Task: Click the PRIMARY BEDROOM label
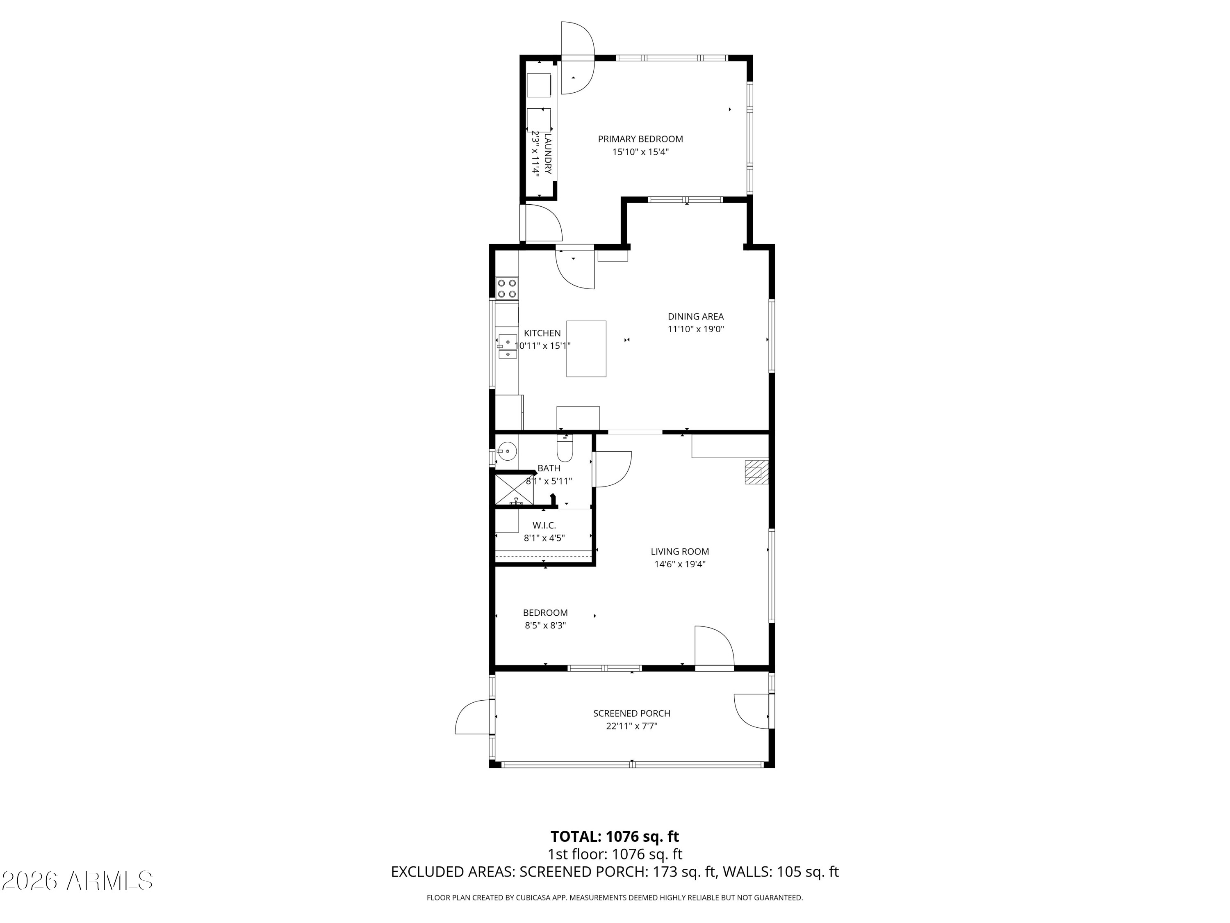pos(640,139)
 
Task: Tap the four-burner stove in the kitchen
pos(507,288)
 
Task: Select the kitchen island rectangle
pos(586,349)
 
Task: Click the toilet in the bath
pos(565,448)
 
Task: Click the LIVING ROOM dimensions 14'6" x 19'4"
pos(679,564)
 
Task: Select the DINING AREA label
pos(696,317)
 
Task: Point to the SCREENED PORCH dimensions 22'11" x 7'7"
pos(632,726)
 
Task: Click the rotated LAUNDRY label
pos(548,153)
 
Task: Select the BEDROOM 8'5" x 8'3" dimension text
pos(545,625)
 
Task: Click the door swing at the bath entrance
pos(612,469)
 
